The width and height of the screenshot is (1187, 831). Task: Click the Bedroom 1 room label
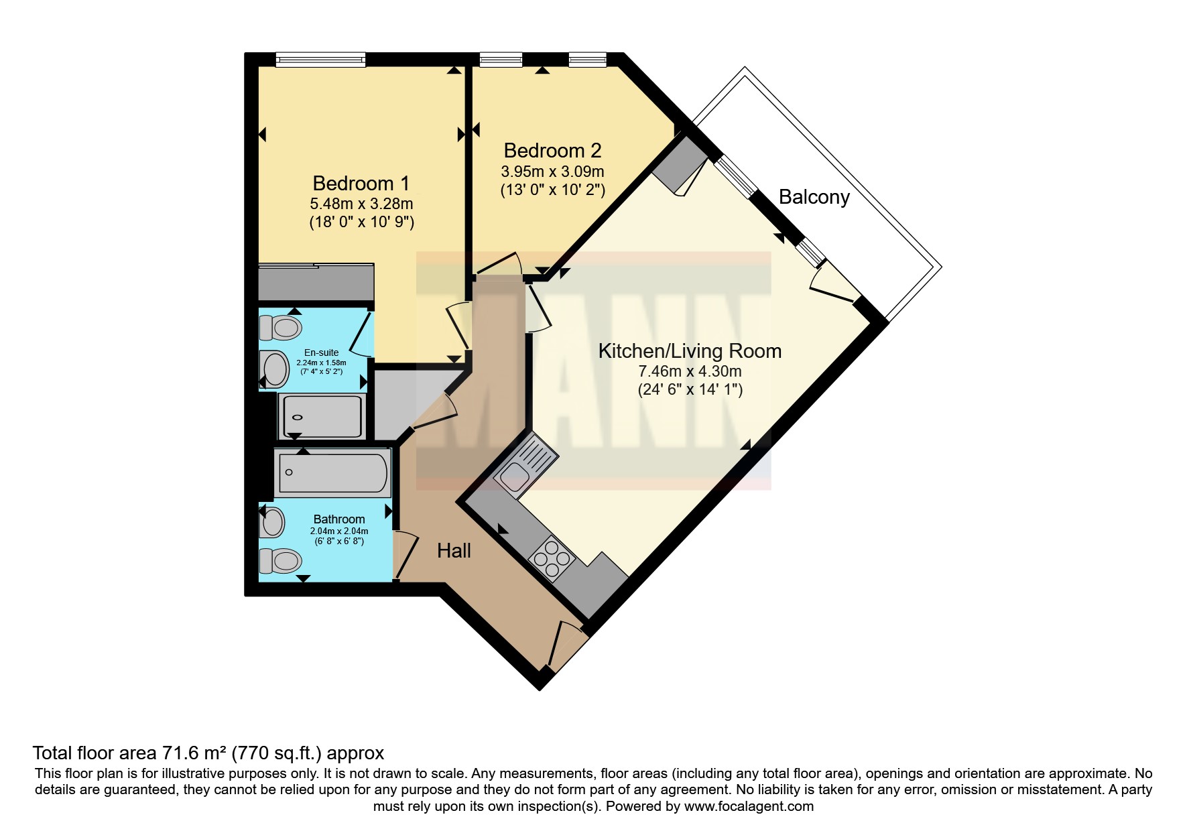coord(361,183)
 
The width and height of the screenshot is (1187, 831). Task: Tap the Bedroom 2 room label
coord(552,150)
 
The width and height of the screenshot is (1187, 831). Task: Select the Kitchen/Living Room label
coord(690,350)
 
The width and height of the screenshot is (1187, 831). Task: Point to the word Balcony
coord(814,197)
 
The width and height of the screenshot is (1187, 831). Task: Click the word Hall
coord(454,551)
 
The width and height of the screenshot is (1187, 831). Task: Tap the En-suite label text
coord(322,353)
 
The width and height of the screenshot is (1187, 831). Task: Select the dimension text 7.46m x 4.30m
coord(690,371)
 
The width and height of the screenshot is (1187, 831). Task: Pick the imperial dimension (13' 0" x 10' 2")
coord(553,190)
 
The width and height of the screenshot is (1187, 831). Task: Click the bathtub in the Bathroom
coord(332,472)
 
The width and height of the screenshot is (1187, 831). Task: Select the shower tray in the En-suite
coord(322,416)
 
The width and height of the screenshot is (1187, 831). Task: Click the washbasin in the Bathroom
coord(273,522)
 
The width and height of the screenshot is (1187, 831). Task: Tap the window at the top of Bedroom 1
coord(321,60)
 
